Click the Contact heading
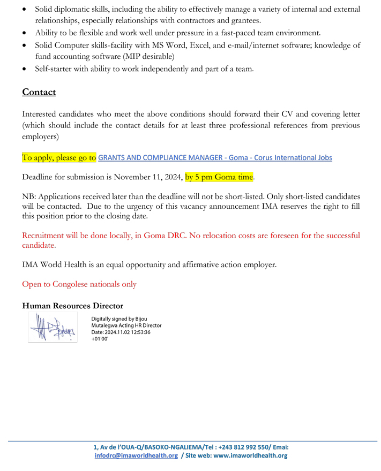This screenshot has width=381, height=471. click(x=39, y=92)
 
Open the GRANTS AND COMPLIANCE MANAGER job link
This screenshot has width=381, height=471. click(x=215, y=158)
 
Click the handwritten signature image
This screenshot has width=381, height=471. click(x=52, y=328)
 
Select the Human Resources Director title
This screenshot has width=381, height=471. click(x=72, y=306)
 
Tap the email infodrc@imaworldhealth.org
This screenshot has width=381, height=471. click(x=136, y=455)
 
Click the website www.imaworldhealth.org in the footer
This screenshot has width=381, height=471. click(x=250, y=455)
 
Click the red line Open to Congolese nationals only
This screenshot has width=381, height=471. click(x=79, y=284)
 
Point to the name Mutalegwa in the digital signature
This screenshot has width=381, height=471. click(x=106, y=325)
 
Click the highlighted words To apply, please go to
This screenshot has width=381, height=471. click(x=59, y=158)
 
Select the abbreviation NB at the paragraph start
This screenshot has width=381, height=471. click(x=28, y=196)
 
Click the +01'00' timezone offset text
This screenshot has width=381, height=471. click(x=100, y=339)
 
